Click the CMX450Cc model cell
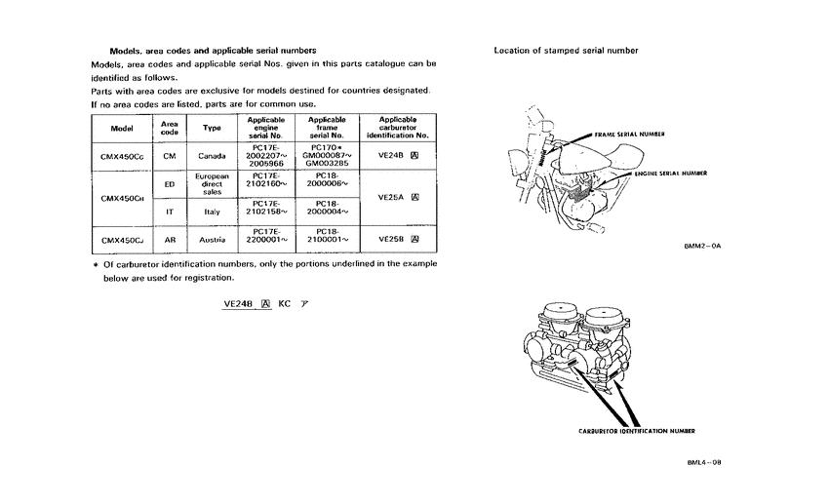pos(122,156)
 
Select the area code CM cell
pos(170,156)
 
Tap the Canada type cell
pos(212,156)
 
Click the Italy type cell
pos(212,210)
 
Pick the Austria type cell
pos(212,239)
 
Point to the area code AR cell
pos(170,239)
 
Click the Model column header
pos(122,128)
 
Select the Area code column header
pos(170,128)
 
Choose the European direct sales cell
pos(212,182)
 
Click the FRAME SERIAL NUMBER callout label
pos(629,134)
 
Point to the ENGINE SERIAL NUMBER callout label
pos(670,173)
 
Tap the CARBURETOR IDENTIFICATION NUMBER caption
pos(637,430)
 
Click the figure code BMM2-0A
pos(702,247)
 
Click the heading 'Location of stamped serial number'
pos(566,50)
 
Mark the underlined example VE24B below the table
pos(238,303)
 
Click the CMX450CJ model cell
pos(122,239)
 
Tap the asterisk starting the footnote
pos(95,264)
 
